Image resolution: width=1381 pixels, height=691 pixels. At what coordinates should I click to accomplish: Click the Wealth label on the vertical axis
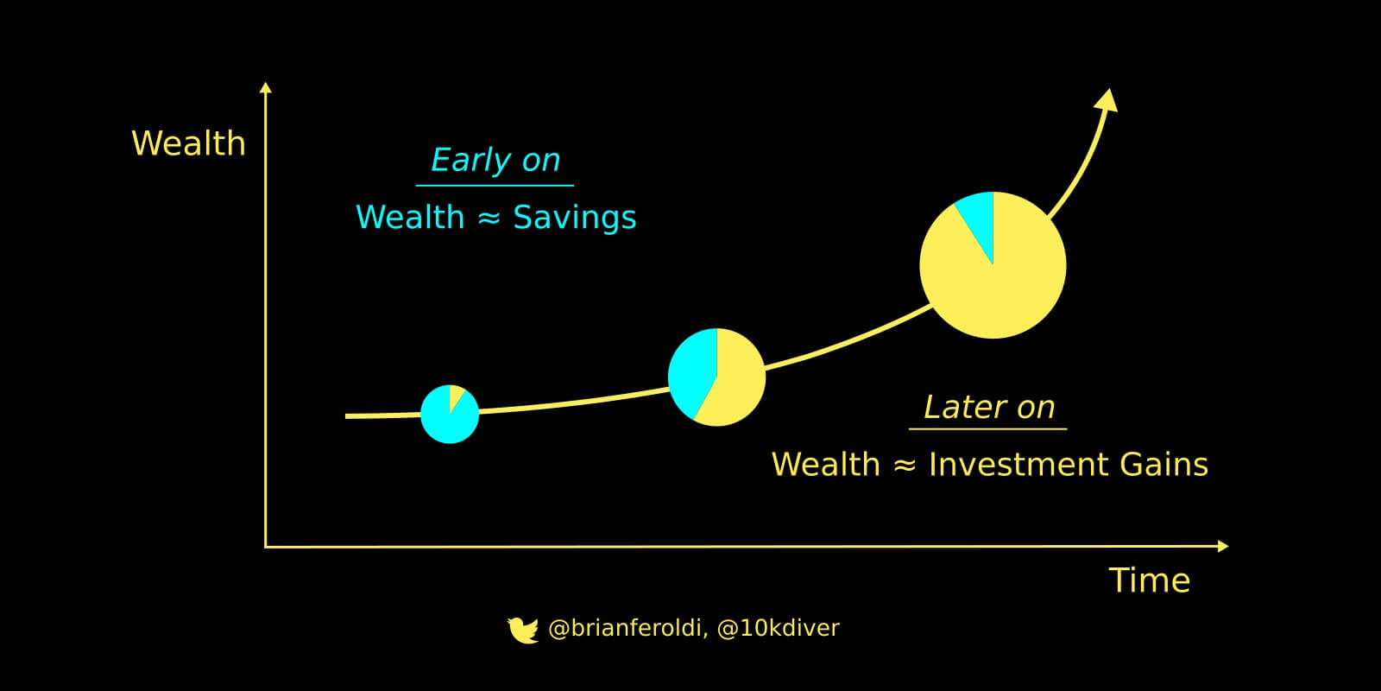click(x=189, y=143)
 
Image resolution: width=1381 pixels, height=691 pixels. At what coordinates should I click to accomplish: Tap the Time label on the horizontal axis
click(x=1150, y=580)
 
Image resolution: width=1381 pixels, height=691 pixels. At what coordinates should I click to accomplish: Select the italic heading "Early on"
click(x=495, y=161)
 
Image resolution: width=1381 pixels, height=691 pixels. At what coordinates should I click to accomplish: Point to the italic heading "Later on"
click(x=989, y=407)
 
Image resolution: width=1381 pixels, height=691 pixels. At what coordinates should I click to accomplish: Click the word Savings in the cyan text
click(x=575, y=218)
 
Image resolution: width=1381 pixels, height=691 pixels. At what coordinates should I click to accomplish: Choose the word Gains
click(x=1164, y=464)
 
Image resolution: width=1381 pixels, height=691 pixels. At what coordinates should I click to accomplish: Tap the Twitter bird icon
click(x=522, y=630)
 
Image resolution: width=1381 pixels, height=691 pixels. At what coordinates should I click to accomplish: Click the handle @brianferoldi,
click(x=626, y=628)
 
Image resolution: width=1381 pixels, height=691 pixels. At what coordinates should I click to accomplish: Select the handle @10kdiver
click(x=778, y=628)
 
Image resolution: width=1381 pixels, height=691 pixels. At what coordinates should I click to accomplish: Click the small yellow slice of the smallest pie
click(x=456, y=396)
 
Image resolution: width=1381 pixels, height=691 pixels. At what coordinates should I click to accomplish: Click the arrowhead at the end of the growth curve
click(x=1107, y=100)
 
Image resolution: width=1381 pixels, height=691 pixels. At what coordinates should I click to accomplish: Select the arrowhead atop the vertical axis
click(x=266, y=87)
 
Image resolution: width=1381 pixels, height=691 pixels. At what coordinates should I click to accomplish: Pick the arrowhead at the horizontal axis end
click(x=1223, y=546)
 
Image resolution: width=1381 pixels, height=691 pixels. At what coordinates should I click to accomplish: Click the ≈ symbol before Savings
click(x=489, y=218)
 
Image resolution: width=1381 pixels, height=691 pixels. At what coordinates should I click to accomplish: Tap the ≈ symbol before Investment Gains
click(x=905, y=465)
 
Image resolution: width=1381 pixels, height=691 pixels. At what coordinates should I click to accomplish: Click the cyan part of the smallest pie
click(x=447, y=420)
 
